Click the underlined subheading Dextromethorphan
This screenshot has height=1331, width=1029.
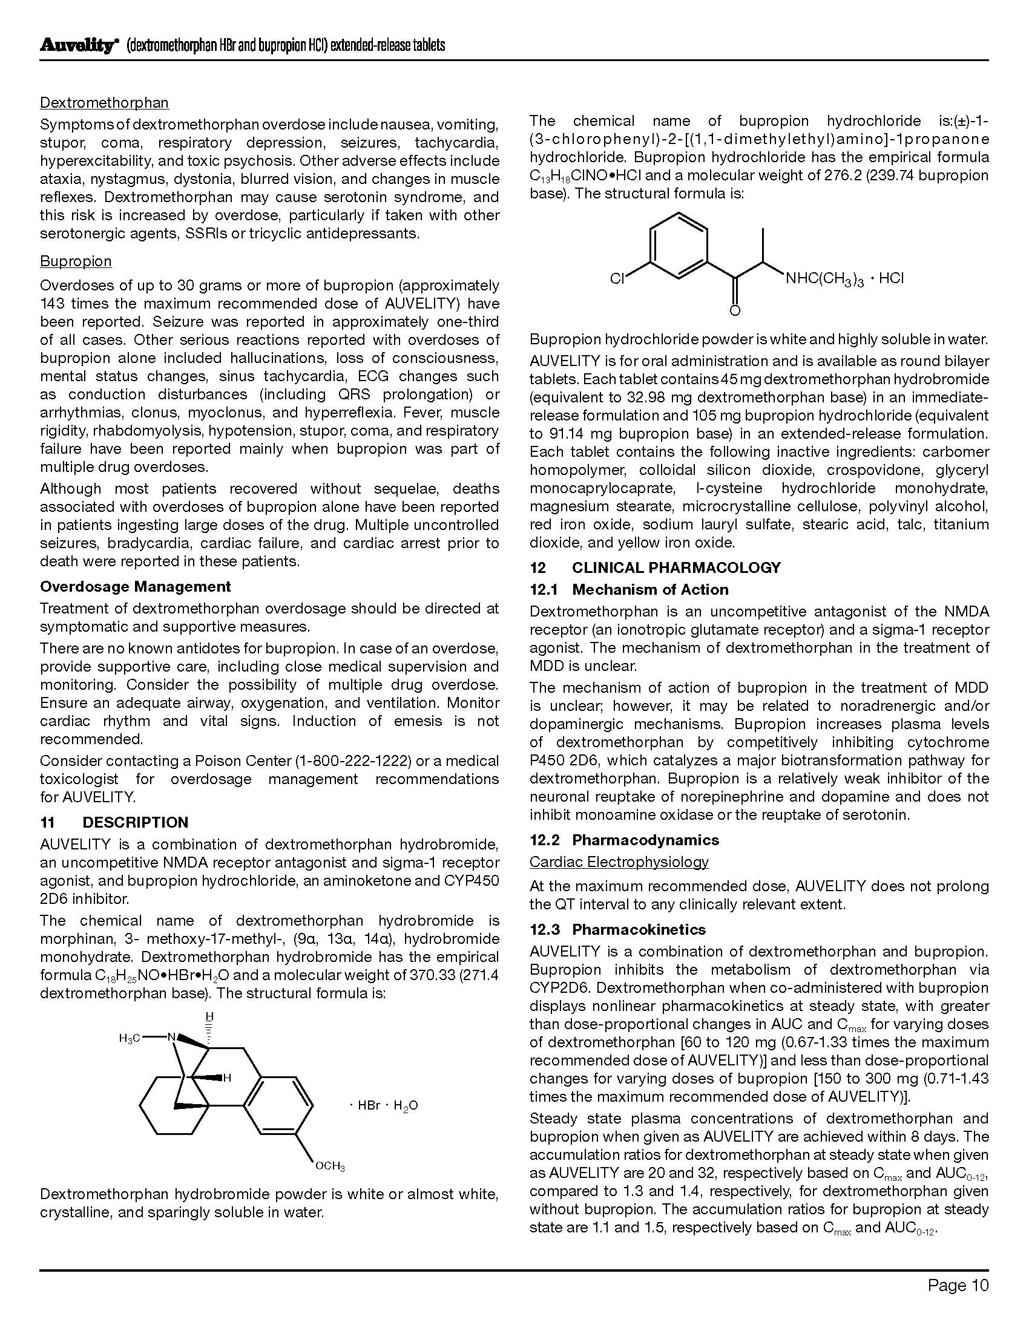(x=104, y=103)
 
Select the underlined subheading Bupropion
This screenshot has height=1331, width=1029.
(x=76, y=261)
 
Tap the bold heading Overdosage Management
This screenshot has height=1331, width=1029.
(x=136, y=587)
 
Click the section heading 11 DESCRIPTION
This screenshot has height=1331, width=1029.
(x=114, y=823)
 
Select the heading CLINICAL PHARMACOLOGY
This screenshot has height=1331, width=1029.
(x=676, y=568)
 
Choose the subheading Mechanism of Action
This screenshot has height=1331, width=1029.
(x=650, y=590)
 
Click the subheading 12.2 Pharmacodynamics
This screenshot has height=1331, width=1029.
(x=624, y=840)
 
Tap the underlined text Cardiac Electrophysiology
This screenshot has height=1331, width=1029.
(x=619, y=862)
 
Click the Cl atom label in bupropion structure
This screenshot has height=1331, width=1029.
(x=618, y=279)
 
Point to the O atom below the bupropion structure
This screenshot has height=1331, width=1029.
(x=735, y=312)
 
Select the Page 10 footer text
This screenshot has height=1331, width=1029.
(x=958, y=1286)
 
